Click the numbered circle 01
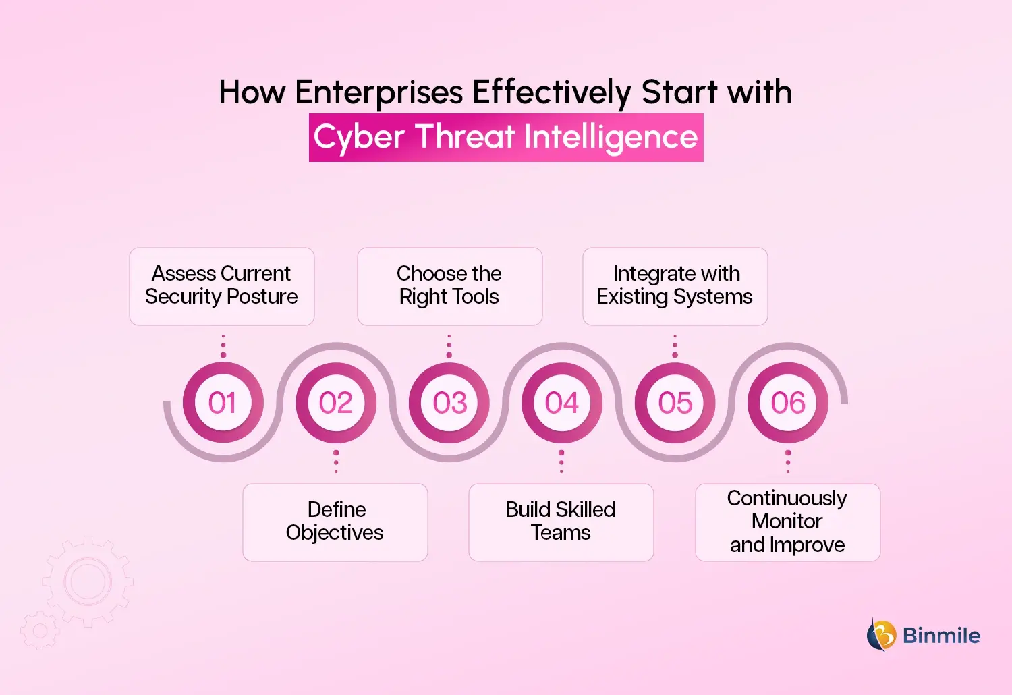(223, 403)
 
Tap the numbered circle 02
(336, 403)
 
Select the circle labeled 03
(449, 403)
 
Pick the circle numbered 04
(562, 403)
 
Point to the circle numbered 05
(675, 403)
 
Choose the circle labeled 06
(788, 403)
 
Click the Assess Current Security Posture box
(222, 286)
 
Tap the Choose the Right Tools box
(450, 286)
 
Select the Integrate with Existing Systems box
(675, 286)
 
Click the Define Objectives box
(335, 522)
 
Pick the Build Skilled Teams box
(561, 522)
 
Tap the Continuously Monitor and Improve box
(788, 522)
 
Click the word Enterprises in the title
(379, 92)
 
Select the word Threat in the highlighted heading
(465, 137)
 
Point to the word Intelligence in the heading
(611, 137)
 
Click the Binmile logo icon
(881, 635)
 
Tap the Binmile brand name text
(941, 636)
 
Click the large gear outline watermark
(88, 581)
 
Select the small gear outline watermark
(40, 631)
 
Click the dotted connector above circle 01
(223, 345)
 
